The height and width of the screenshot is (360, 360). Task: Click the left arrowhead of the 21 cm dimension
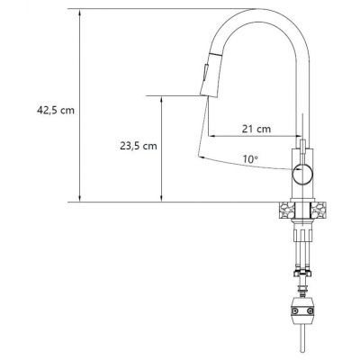211,138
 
